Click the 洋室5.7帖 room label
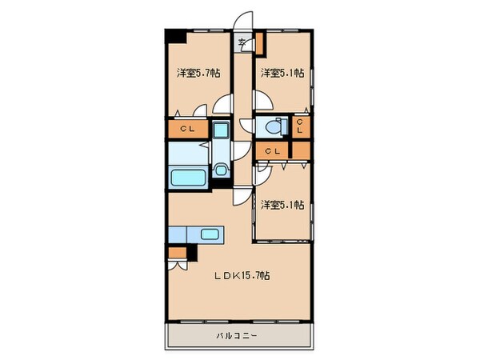pos(198,73)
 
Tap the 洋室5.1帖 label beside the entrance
pos(282,73)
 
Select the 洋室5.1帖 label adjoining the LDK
pos(282,205)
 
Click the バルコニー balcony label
pos(236,336)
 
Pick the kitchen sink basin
pos(210,234)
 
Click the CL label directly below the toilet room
pos(272,150)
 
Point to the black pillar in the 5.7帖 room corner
pos(174,36)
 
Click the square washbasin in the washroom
pos(222,130)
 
